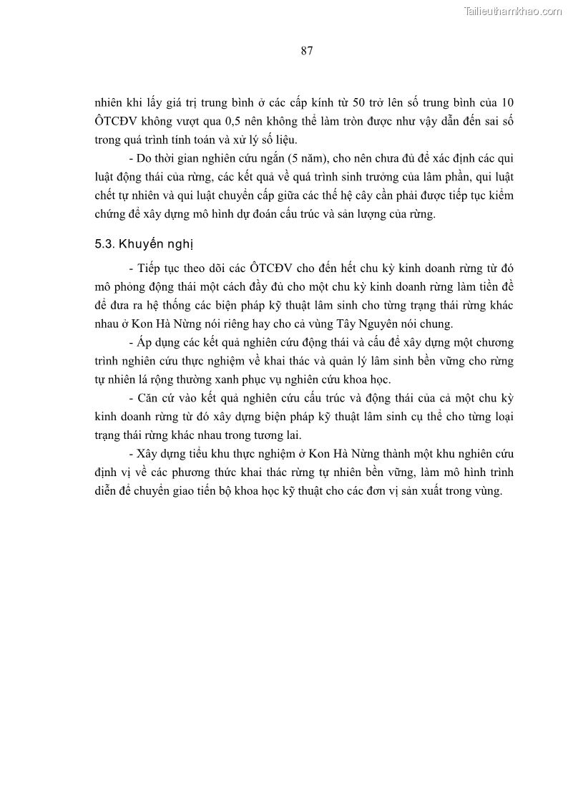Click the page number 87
click(x=307, y=51)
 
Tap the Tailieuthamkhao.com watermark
click(x=513, y=11)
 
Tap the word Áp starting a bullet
click(x=140, y=342)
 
